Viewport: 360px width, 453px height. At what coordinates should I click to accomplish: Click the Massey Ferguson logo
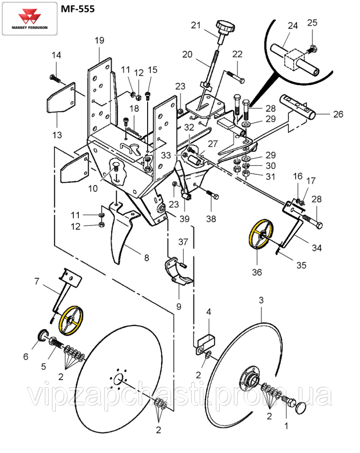[x=29, y=19]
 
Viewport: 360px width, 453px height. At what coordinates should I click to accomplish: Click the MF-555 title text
[x=77, y=9]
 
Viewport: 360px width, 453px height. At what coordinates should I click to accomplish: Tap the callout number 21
[x=196, y=25]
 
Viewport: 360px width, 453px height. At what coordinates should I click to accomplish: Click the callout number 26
[x=338, y=114]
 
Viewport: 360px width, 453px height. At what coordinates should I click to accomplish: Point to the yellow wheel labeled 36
[x=261, y=234]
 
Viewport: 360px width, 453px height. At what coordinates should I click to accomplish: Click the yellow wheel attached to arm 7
[x=71, y=320]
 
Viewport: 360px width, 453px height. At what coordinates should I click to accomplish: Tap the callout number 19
[x=99, y=40]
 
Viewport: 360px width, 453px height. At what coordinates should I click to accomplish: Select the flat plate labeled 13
[x=62, y=97]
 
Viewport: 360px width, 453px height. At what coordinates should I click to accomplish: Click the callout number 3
[x=261, y=300]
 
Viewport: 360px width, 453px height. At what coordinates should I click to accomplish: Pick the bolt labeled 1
[x=286, y=400]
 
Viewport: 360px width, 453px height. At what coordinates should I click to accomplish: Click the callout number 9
[x=179, y=307]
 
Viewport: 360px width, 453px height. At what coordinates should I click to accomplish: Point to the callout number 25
[x=312, y=23]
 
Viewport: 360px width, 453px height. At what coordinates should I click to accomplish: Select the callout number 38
[x=211, y=219]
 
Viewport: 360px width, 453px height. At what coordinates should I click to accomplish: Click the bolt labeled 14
[x=55, y=78]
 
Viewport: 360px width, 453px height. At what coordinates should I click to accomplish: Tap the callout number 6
[x=26, y=357]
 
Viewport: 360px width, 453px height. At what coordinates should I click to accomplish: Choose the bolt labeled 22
[x=235, y=77]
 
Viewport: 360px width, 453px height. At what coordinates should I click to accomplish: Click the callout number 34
[x=317, y=248]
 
